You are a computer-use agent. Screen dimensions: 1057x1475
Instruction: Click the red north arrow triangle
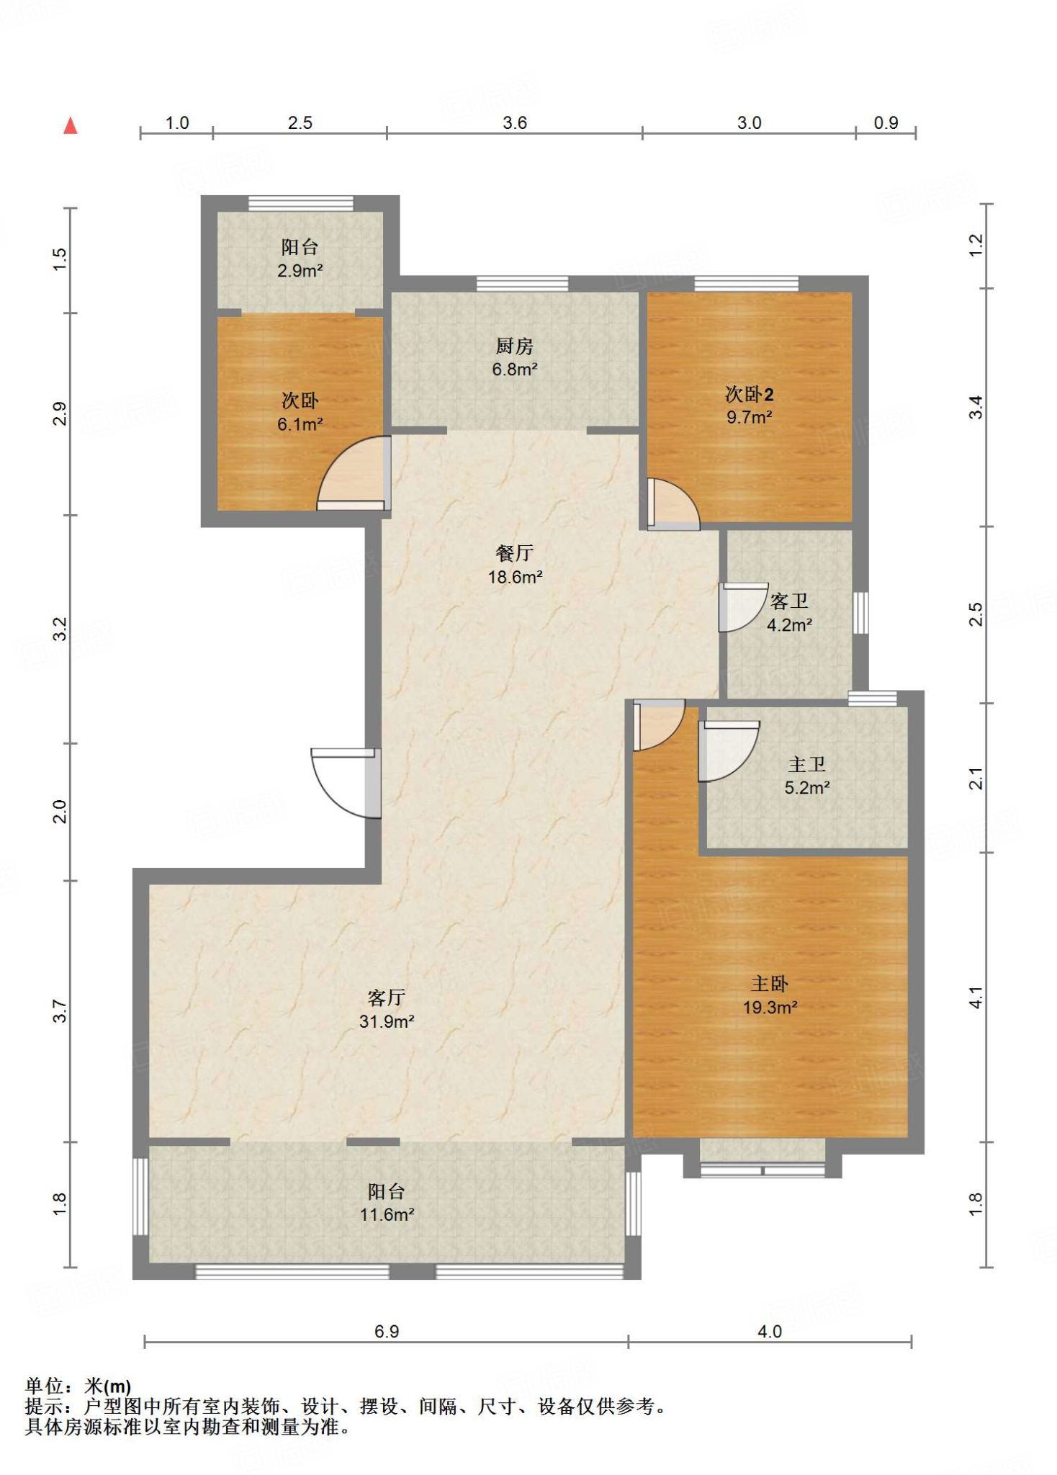coord(70,125)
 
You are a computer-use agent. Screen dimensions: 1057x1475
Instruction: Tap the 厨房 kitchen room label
coord(515,346)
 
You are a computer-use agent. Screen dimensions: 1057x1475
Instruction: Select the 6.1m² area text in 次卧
coord(300,424)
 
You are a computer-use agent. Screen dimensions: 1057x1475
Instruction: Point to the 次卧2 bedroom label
coord(749,394)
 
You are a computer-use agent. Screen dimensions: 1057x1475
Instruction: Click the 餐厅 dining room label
coord(515,553)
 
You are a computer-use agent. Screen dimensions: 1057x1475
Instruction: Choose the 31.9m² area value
coord(387,1021)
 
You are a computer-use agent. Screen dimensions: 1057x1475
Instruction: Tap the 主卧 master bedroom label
coord(770,984)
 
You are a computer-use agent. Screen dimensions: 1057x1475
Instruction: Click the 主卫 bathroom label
coord(807,764)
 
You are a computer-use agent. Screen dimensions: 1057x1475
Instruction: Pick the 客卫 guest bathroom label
coord(789,601)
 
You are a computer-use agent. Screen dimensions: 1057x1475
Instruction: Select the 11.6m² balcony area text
coord(387,1214)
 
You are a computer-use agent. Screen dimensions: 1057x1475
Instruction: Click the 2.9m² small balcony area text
coord(300,271)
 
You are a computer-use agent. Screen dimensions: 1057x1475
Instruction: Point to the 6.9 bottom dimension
coord(387,1331)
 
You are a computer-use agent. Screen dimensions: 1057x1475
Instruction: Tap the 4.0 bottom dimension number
coord(770,1331)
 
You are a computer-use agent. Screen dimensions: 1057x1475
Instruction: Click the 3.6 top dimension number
coord(515,123)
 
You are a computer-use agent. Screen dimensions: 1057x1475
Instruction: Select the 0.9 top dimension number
coord(886,123)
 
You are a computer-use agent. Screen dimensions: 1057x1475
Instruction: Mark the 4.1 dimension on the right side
coord(976,997)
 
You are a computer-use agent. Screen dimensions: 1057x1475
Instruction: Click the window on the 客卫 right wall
coord(860,613)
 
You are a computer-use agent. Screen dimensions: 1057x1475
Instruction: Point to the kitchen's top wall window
coord(522,283)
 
